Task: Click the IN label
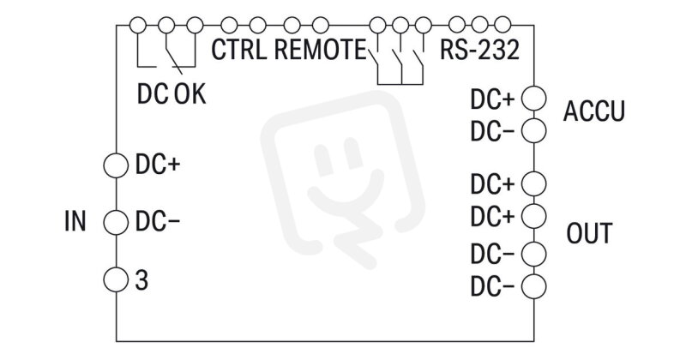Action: pos(75,221)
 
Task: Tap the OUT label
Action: pos(589,233)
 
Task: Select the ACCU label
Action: pos(593,111)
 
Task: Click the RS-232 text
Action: pos(479,50)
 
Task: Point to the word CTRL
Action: pos(239,50)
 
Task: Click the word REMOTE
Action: pos(319,50)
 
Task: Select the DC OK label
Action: pos(171,93)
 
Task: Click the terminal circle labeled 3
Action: pos(116,279)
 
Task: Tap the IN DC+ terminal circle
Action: pos(116,165)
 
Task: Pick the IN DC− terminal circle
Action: pos(116,222)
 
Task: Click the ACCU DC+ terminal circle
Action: pos(533,98)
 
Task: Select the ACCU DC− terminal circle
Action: pos(533,131)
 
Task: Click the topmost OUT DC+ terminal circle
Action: pos(533,183)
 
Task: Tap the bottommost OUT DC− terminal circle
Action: pos(533,286)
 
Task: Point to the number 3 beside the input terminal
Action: pos(141,280)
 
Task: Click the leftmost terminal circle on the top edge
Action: pos(138,26)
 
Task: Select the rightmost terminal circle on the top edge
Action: pos(502,26)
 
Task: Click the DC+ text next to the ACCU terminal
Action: pos(492,99)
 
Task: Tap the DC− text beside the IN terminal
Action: pos(158,221)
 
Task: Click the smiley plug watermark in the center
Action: pos(342,179)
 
